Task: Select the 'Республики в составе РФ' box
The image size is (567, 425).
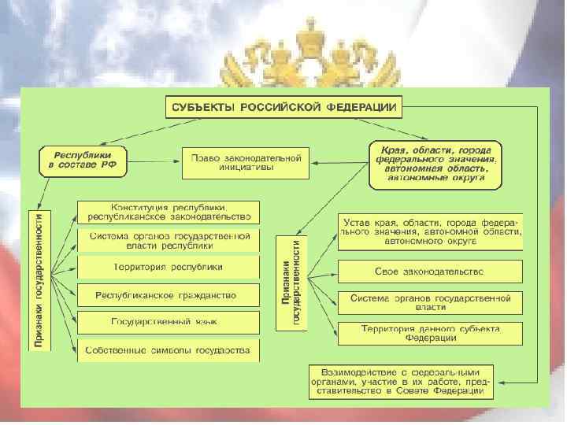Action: pos(84,160)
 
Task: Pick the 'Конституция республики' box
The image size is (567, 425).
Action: pos(168,212)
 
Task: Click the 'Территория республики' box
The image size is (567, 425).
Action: pos(168,267)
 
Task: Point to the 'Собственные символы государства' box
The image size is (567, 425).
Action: pos(168,349)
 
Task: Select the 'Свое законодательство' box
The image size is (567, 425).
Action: pos(430,272)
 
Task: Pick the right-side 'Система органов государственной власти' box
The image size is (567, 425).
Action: pos(430,303)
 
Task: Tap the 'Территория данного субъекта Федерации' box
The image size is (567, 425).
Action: pos(430,333)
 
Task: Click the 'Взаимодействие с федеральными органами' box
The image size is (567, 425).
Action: pos(401,380)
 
